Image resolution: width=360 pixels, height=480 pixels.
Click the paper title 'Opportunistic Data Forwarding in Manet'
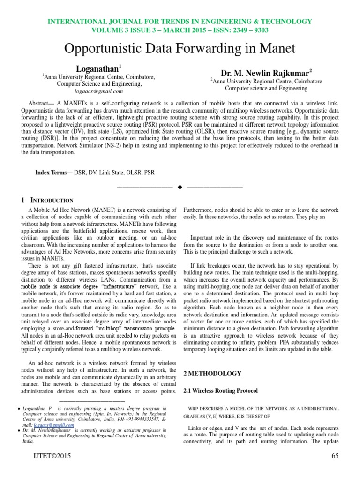point(180,49)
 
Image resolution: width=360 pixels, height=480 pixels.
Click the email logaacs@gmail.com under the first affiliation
point(99,91)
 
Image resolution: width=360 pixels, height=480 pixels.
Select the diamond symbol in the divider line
point(180,187)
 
